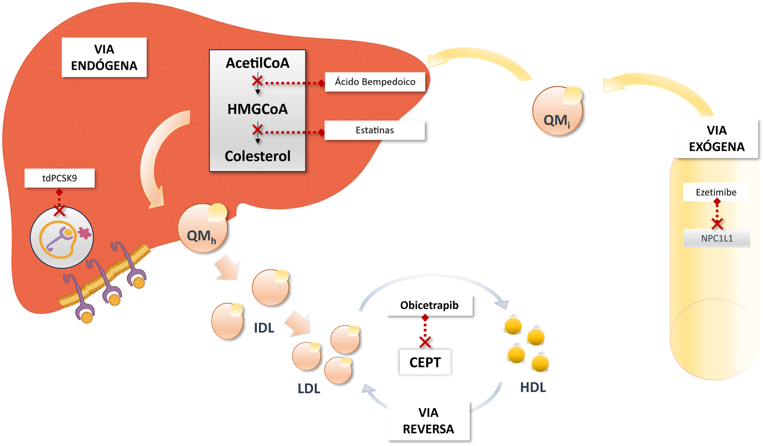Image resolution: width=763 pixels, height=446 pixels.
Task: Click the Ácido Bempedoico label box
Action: tap(375, 82)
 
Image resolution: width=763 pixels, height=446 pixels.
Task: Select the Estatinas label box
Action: tap(375, 130)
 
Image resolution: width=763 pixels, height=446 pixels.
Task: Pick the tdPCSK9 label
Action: tap(60, 178)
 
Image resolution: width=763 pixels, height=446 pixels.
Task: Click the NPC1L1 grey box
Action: tap(717, 238)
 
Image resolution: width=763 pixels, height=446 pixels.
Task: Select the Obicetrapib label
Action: tap(429, 305)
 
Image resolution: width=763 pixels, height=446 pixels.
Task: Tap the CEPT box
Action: tap(425, 362)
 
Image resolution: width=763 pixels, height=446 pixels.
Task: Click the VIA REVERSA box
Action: tap(428, 421)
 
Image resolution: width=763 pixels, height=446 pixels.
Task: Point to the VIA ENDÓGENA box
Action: tap(104, 57)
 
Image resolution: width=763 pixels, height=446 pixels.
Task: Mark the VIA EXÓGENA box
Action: tap(716, 138)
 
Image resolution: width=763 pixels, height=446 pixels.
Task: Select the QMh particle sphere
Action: tap(202, 228)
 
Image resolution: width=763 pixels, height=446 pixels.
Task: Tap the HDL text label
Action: tap(533, 387)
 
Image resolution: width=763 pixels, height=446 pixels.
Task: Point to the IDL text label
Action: tap(264, 328)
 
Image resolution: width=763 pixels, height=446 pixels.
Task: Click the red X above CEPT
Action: tap(425, 342)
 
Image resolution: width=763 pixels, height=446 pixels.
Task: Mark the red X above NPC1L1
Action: tap(717, 224)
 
